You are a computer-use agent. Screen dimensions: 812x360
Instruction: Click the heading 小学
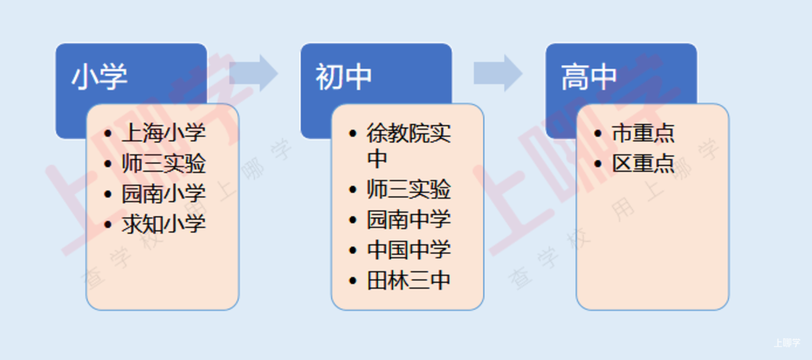pyautogui.click(x=100, y=76)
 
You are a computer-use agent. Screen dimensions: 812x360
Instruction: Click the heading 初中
pyautogui.click(x=344, y=76)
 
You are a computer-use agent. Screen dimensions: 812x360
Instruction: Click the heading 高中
pyautogui.click(x=589, y=76)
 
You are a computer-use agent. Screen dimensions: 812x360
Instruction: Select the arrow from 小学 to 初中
pyautogui.click(x=254, y=73)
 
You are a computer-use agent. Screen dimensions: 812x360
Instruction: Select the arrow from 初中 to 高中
pyautogui.click(x=498, y=73)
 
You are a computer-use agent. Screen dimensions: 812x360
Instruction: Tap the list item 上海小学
pyautogui.click(x=164, y=133)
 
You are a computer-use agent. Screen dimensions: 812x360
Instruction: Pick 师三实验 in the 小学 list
pyautogui.click(x=164, y=163)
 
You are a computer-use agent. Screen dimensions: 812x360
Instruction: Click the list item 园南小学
pyautogui.click(x=164, y=194)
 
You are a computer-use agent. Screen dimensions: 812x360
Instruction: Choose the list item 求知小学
pyautogui.click(x=164, y=224)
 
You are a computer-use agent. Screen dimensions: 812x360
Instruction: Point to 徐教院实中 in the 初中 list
pyautogui.click(x=409, y=146)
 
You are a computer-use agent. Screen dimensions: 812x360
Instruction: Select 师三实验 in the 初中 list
pyautogui.click(x=409, y=189)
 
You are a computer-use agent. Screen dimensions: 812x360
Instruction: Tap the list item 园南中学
pyautogui.click(x=409, y=220)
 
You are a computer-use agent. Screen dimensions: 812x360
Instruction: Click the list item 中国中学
pyautogui.click(x=409, y=250)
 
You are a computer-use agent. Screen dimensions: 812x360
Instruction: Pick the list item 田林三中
pyautogui.click(x=409, y=281)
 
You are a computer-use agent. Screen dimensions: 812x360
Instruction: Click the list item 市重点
pyautogui.click(x=643, y=133)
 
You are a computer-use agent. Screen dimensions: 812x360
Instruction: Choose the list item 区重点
pyautogui.click(x=643, y=163)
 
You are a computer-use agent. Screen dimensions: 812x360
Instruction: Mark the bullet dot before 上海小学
pyautogui.click(x=108, y=134)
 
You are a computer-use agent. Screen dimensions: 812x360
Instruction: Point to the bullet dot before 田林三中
pyautogui.click(x=353, y=281)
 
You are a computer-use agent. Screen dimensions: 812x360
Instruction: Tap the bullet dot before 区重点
pyautogui.click(x=598, y=164)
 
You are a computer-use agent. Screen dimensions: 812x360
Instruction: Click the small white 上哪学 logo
pyautogui.click(x=787, y=343)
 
